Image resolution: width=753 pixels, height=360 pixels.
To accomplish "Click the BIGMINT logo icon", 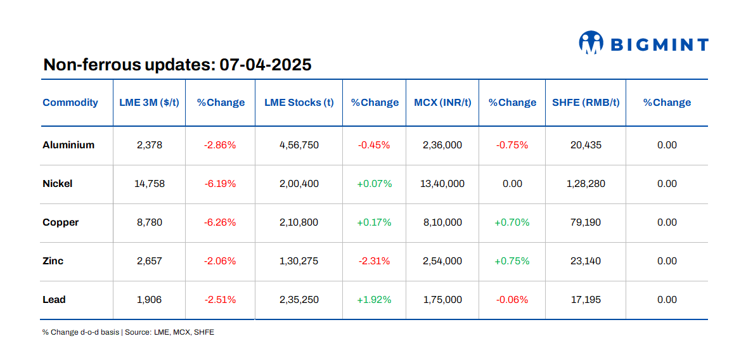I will (591, 43).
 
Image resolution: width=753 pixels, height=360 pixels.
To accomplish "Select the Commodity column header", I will (70, 103).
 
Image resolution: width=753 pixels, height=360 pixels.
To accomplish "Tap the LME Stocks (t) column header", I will (299, 103).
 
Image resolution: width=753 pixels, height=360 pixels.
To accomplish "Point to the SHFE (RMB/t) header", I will (585, 103).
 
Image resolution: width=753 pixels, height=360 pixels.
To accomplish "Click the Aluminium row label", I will (68, 145).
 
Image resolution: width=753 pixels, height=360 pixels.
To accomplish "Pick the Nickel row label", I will (58, 184).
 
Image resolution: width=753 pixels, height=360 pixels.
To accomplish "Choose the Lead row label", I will (54, 300).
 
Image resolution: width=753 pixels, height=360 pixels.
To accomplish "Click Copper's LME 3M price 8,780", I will (150, 222).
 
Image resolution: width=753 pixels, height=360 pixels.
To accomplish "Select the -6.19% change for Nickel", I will (220, 184).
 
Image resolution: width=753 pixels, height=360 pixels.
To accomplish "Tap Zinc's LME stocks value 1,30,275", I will (299, 261).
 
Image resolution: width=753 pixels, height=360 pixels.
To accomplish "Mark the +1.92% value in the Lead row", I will (374, 300).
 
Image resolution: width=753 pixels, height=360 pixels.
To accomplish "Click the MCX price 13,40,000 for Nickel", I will (442, 184).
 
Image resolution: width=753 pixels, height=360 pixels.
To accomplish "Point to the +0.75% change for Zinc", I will (512, 261).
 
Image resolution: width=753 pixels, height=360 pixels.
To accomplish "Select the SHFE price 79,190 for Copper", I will (585, 222).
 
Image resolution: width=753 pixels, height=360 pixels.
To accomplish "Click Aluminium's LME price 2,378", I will (150, 145).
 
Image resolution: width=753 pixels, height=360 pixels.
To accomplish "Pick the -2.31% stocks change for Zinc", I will (374, 261).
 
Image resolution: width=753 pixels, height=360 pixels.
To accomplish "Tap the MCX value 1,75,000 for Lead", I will (442, 300).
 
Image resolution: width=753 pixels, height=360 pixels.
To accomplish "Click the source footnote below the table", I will (128, 332).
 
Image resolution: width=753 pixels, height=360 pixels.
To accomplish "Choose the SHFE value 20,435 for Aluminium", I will (585, 145).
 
